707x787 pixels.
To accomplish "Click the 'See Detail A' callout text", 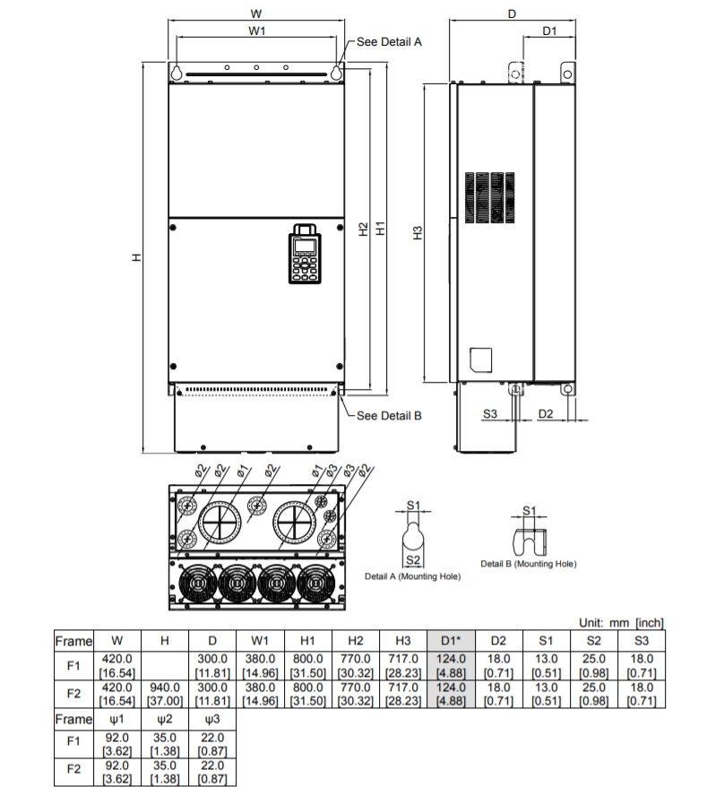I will click(389, 41).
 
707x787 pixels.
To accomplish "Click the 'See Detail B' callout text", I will click(389, 415).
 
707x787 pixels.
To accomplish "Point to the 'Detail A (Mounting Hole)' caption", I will click(412, 576).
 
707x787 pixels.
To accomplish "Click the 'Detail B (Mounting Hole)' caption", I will click(529, 564).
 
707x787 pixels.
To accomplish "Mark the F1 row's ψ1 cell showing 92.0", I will click(117, 745).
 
